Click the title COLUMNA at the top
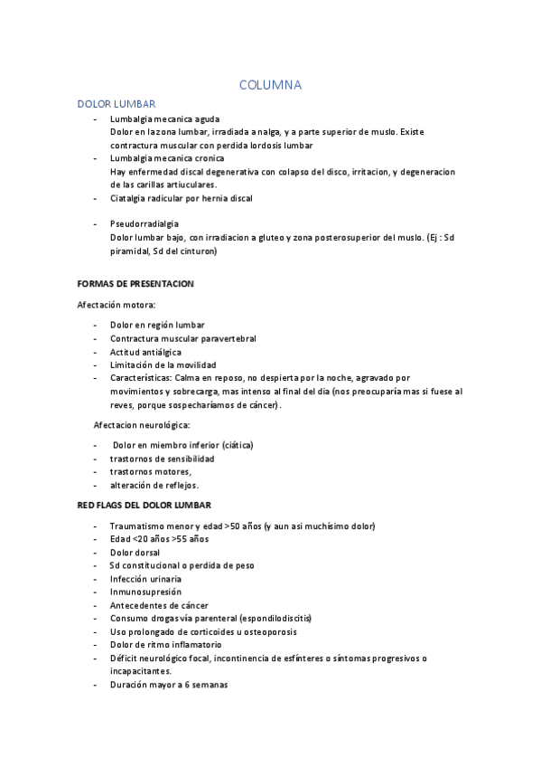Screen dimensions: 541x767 [270, 85]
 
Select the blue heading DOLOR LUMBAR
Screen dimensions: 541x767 [117, 105]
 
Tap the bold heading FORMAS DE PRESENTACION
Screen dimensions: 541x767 [135, 284]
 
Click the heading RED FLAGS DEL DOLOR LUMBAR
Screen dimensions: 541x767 [145, 504]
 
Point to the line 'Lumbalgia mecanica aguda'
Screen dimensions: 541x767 [164, 119]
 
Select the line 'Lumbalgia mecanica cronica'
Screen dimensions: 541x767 [167, 158]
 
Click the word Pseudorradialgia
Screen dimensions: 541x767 [145, 223]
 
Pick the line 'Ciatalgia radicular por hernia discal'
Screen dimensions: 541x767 [182, 198]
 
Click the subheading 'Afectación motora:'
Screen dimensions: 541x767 [117, 305]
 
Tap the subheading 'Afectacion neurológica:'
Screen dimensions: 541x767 [142, 424]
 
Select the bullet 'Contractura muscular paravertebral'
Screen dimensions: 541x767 [183, 338]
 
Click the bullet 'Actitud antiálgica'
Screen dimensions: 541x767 [145, 352]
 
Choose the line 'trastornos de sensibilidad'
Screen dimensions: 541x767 [163, 459]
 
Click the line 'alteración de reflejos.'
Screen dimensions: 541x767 [154, 485]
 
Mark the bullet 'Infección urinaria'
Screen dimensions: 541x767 [145, 579]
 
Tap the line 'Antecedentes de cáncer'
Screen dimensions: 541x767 [159, 605]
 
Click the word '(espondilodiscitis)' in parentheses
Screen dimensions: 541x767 [271, 619]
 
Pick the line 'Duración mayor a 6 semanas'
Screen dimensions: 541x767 [169, 685]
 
